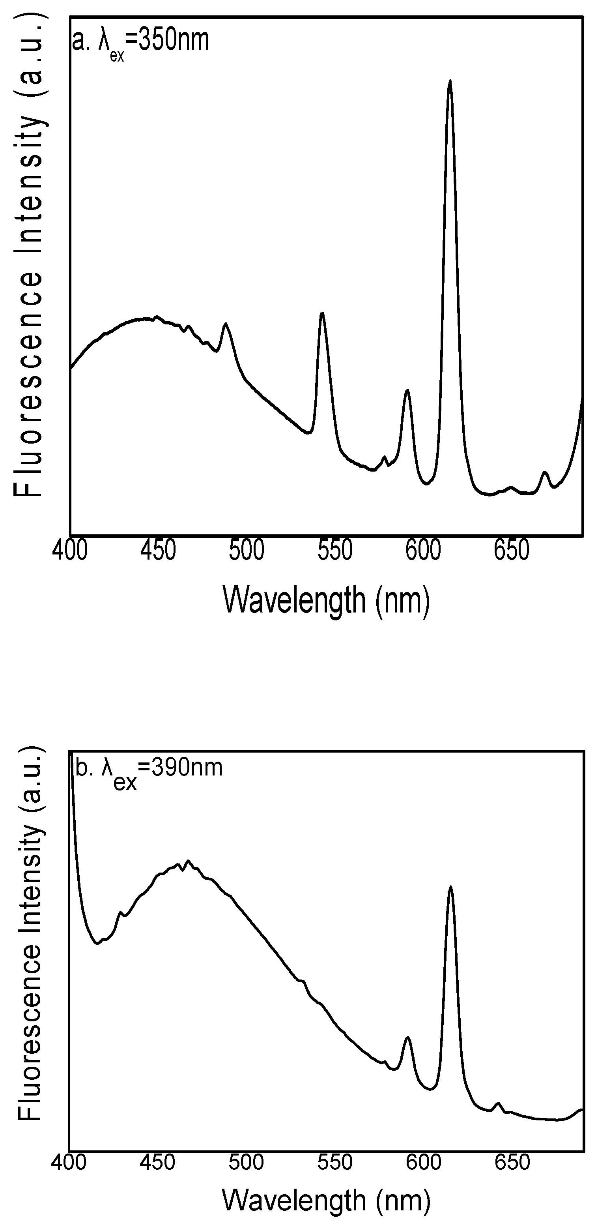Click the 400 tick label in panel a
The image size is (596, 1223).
pyautogui.click(x=70, y=551)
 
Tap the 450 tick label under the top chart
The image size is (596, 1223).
pyautogui.click(x=159, y=551)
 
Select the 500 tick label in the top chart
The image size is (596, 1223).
pyautogui.click(x=247, y=551)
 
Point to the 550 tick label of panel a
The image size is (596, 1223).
pyautogui.click(x=335, y=551)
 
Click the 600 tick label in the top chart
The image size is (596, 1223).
pyautogui.click(x=423, y=551)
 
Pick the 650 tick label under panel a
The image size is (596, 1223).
pyautogui.click(x=512, y=551)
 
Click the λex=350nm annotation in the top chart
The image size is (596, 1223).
pyautogui.click(x=140, y=42)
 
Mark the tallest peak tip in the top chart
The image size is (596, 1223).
pyautogui.click(x=450, y=81)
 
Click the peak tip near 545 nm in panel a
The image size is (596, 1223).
pyautogui.click(x=322, y=313)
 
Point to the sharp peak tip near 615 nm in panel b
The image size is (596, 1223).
pyautogui.click(x=450, y=886)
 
